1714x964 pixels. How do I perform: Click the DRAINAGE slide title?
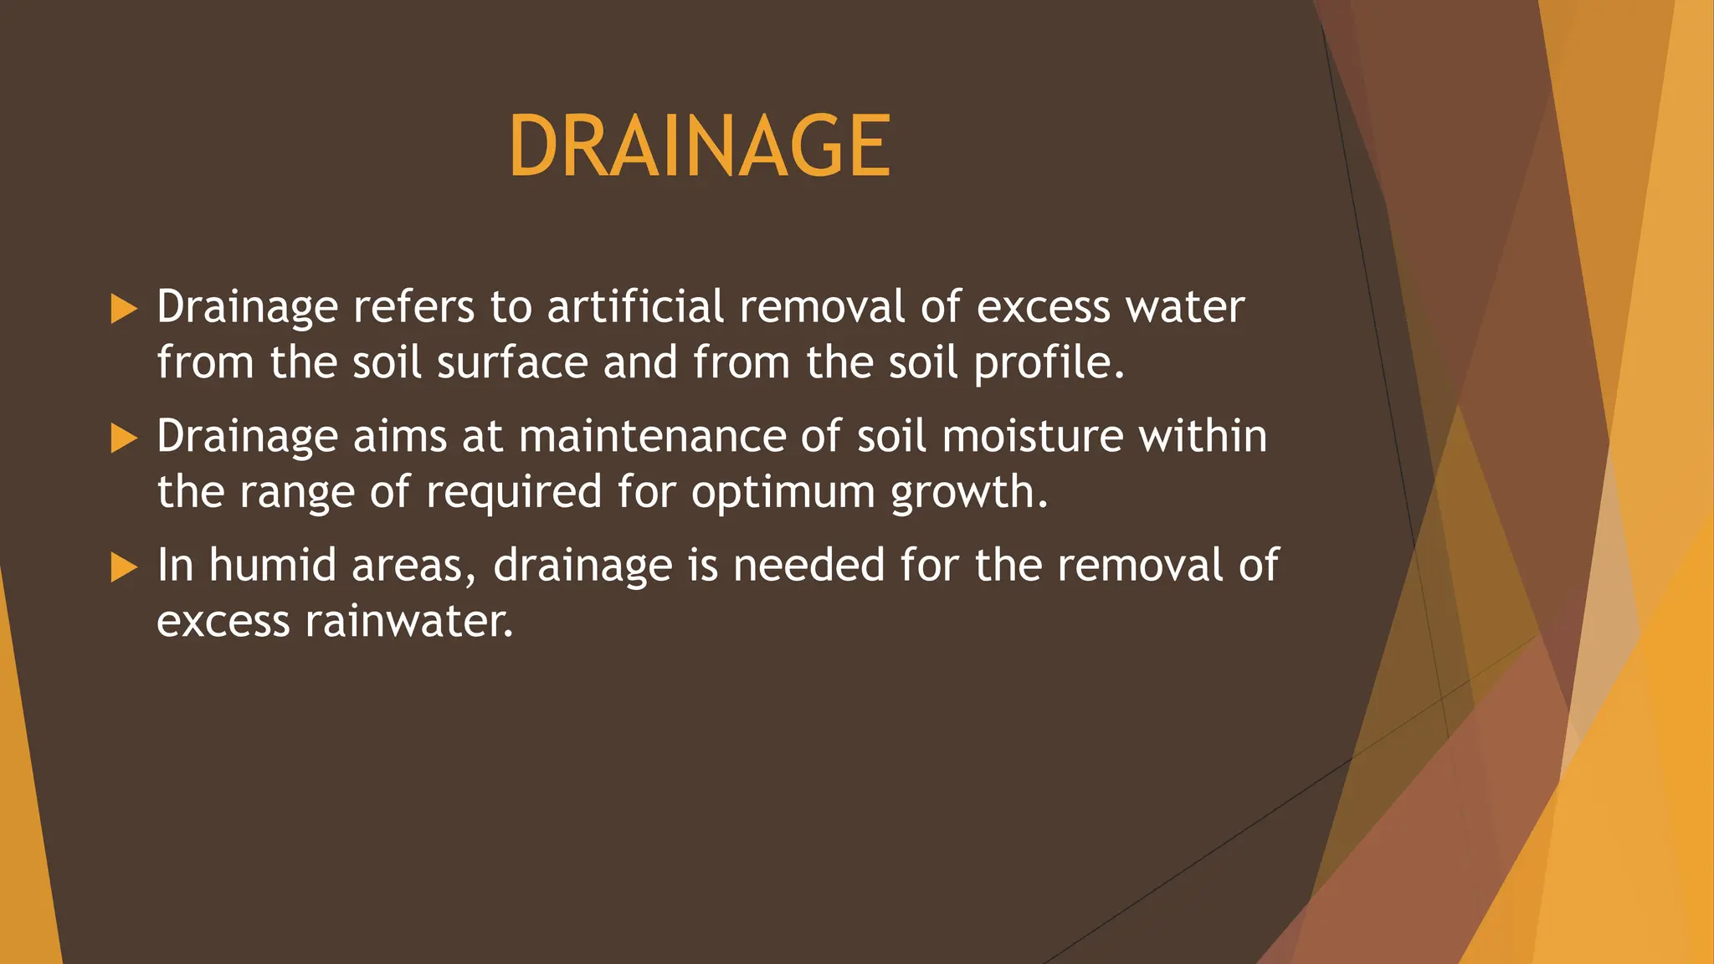click(x=699, y=146)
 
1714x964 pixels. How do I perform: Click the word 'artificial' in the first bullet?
click(x=635, y=306)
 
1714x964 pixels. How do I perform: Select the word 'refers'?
click(x=413, y=306)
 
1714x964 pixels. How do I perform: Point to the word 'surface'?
click(x=512, y=362)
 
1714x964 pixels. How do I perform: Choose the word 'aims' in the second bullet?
click(x=400, y=436)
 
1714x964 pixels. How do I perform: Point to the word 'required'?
click(x=514, y=492)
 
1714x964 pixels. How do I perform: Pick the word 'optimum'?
click(x=783, y=492)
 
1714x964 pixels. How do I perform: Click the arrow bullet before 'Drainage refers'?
click(x=123, y=309)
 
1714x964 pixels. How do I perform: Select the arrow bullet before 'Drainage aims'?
click(x=123, y=438)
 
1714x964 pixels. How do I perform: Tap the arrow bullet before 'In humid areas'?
click(x=123, y=567)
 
